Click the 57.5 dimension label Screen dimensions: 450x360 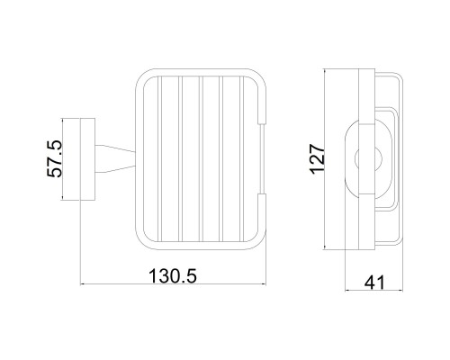54,159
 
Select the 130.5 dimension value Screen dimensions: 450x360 173,276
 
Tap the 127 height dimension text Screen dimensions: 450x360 318,159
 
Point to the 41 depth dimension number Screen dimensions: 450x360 374,283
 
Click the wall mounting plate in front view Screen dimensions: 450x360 87,159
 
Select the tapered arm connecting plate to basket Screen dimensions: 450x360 115,159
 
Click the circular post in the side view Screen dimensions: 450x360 368,159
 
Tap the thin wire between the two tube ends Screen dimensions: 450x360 263,159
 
